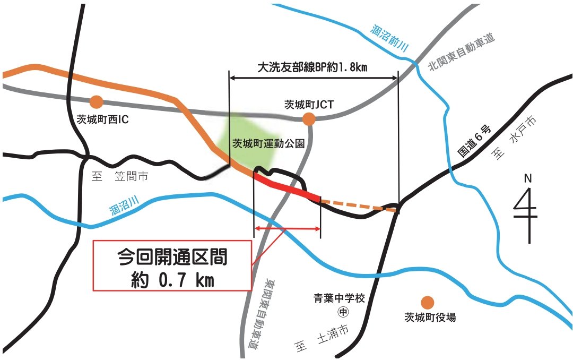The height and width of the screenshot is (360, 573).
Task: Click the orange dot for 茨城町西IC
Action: click(x=96, y=101)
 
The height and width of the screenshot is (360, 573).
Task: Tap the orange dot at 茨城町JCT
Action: click(x=309, y=119)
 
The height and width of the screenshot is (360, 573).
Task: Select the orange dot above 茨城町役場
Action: click(x=427, y=302)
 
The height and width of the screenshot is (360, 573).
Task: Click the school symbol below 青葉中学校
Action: click(x=343, y=311)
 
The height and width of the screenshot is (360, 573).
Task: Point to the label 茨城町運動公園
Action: click(x=268, y=143)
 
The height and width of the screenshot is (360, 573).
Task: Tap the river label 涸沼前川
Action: click(x=389, y=39)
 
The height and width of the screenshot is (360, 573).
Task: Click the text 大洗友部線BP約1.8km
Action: click(x=312, y=67)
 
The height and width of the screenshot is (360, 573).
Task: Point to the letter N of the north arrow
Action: click(x=527, y=179)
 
